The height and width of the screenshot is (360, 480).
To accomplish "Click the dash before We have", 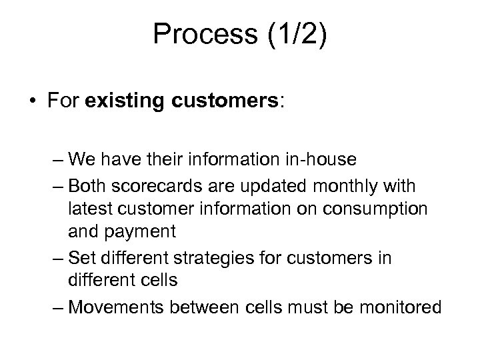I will pos(57,160).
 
